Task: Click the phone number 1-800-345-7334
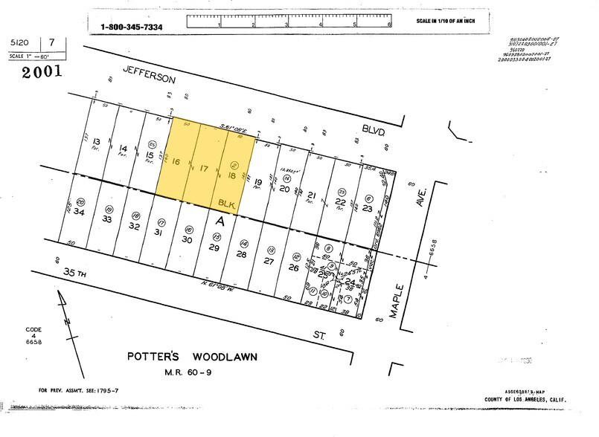(132, 27)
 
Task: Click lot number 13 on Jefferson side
(97, 141)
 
